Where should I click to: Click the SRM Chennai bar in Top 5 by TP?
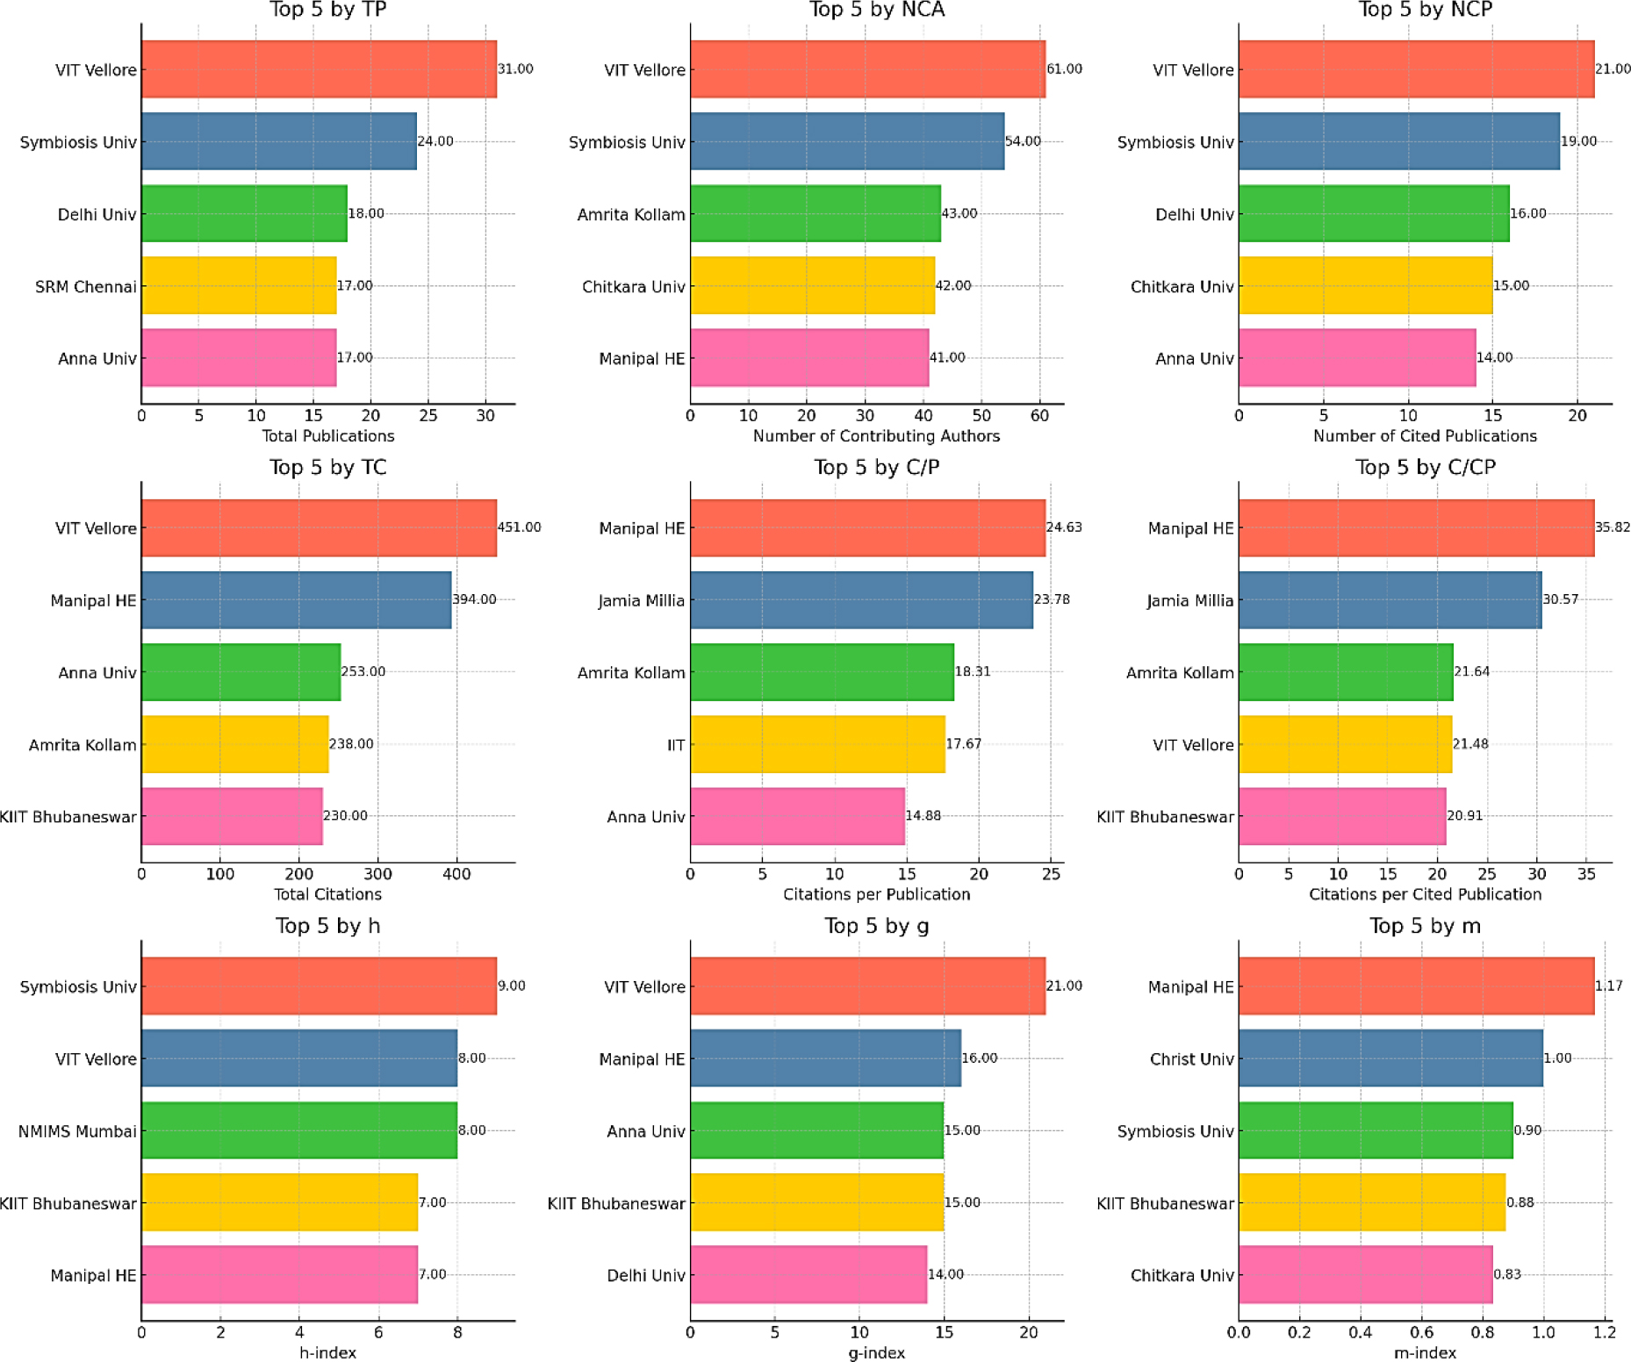click(x=239, y=285)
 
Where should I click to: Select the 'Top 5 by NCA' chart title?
click(x=876, y=10)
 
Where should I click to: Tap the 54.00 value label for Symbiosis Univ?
click(x=1023, y=141)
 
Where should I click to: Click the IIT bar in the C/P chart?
click(x=817, y=744)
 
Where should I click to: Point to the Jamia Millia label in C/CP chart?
click(x=1189, y=601)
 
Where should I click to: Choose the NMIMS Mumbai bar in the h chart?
click(x=298, y=1130)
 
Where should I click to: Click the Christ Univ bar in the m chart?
click(x=1390, y=1058)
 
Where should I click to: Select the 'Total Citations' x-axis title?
click(x=327, y=894)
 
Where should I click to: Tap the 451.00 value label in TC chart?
click(x=519, y=527)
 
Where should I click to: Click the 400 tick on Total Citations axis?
click(x=456, y=874)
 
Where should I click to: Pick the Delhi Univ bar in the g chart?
click(x=808, y=1274)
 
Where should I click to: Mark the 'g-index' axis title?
click(x=876, y=1353)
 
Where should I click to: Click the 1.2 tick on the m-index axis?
click(x=1604, y=1332)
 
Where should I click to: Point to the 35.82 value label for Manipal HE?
click(x=1613, y=527)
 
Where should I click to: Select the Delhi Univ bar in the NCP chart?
click(x=1374, y=213)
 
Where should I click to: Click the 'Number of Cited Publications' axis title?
click(x=1425, y=436)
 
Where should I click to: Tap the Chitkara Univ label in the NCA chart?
click(x=633, y=287)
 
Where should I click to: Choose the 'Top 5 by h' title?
click(x=327, y=926)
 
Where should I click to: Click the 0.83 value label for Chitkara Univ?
click(x=1507, y=1274)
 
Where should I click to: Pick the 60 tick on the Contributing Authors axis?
click(x=1039, y=416)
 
